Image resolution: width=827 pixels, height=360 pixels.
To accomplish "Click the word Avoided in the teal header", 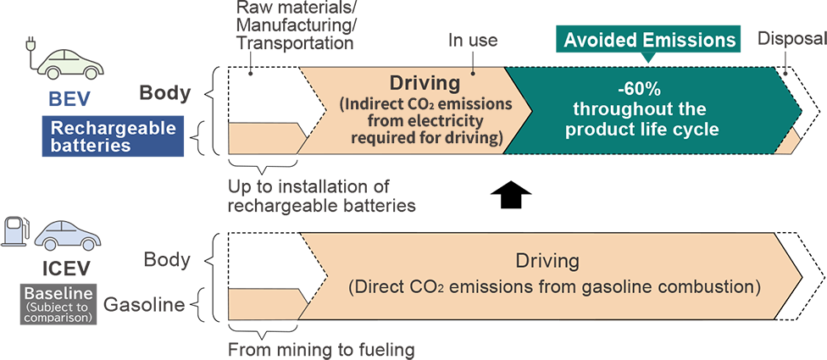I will coord(602,40).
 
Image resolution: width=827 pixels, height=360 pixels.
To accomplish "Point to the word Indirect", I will coord(373,105).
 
